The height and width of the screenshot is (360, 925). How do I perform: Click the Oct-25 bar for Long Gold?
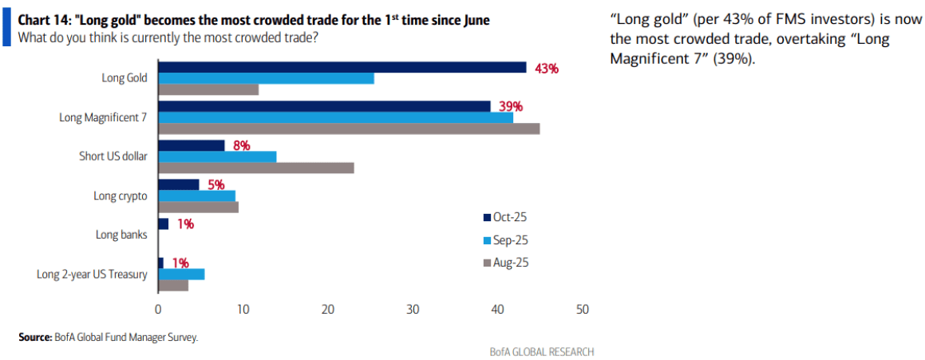pos(342,67)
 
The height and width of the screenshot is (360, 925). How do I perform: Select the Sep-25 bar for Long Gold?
pos(266,78)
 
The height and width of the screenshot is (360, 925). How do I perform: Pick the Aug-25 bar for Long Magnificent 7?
pos(349,129)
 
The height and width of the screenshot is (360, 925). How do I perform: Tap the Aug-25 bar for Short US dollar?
pos(255,168)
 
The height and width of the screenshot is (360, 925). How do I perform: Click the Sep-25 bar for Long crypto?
pos(196,196)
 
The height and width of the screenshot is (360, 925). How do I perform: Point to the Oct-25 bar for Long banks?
pos(163,224)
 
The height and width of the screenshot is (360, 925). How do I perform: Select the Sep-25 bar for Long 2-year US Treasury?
pos(181,274)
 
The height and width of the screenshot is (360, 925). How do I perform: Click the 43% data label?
pos(546,69)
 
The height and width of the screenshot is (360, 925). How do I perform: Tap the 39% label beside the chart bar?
pos(510,106)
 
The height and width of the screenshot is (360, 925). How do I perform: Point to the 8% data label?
pos(241,145)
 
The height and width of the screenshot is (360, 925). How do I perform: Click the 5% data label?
pos(215,185)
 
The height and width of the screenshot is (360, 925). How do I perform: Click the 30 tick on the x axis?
pos(413,310)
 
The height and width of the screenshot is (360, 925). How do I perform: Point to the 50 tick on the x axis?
pos(582,310)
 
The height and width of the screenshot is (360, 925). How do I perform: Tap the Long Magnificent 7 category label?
pos(104,117)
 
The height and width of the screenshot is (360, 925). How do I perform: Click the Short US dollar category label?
pos(113,156)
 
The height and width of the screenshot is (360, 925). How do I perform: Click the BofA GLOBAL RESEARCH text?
pos(542,352)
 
